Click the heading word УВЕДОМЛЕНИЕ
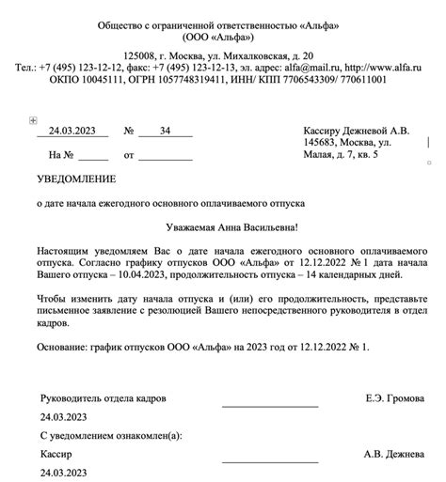tap(76, 179)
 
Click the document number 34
tap(166, 130)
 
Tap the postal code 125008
tap(142, 56)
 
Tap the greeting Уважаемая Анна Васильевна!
tap(223, 226)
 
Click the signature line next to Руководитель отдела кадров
tap(269, 406)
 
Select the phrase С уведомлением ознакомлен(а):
tap(111, 436)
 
